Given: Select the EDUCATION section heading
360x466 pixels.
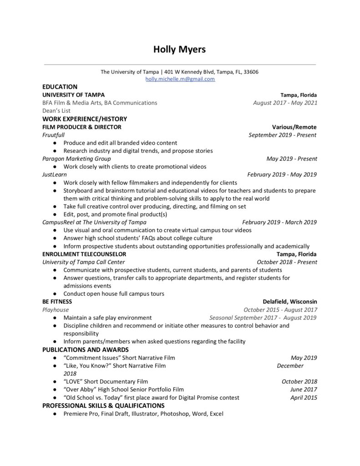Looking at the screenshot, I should click(60, 86).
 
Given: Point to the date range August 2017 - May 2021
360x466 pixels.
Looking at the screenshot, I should click(285, 103).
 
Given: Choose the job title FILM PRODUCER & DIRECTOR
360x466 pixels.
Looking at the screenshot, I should click(81, 127).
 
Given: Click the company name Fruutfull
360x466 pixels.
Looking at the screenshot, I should click(53, 135).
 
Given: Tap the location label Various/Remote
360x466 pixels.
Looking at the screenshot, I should click(294, 127).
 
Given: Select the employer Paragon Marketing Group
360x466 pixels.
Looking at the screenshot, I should click(76, 159).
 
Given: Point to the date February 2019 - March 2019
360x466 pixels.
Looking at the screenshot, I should click(279, 222).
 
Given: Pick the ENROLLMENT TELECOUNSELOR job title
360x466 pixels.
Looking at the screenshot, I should click(84, 254).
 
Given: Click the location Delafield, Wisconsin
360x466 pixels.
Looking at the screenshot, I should click(290, 302).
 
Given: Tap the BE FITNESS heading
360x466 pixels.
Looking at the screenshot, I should click(57, 302).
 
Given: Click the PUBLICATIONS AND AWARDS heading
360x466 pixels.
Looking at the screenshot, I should click(86, 349).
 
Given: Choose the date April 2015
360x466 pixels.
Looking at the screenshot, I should click(304, 397).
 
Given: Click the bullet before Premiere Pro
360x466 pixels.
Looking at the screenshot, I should click(54, 414).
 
